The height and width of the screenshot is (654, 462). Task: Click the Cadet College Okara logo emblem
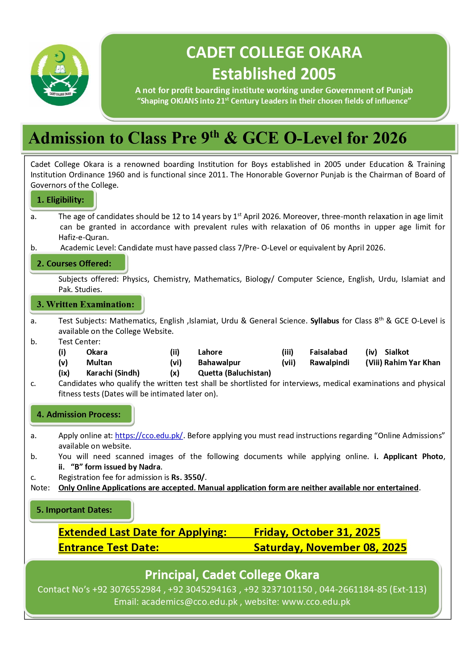[x=60, y=75]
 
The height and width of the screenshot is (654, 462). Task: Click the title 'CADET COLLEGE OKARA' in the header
[x=274, y=53]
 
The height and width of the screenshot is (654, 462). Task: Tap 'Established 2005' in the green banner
[x=274, y=74]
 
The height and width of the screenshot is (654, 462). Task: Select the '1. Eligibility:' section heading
[x=61, y=200]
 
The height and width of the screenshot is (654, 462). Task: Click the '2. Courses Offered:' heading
[x=74, y=263]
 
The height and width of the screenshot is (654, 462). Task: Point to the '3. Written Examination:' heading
[x=85, y=304]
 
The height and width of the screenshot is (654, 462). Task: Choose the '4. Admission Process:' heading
[x=79, y=414]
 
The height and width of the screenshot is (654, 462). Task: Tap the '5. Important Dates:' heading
[x=74, y=510]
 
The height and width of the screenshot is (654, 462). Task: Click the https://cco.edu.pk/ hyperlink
[x=149, y=436]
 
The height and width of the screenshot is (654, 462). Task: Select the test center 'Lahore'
[x=210, y=352]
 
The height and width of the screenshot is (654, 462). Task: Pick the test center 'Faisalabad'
[x=328, y=352]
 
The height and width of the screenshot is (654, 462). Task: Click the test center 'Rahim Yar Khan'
[x=412, y=363]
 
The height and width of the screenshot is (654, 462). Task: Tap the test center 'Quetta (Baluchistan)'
[x=234, y=373]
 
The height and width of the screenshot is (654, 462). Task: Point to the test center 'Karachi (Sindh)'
[x=113, y=373]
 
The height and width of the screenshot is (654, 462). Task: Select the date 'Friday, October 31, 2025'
[x=317, y=532]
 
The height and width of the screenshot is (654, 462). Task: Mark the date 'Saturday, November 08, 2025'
[x=330, y=547]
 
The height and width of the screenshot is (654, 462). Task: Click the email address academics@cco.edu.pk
[x=189, y=602]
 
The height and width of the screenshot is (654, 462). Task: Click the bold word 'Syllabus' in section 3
[x=325, y=321]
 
